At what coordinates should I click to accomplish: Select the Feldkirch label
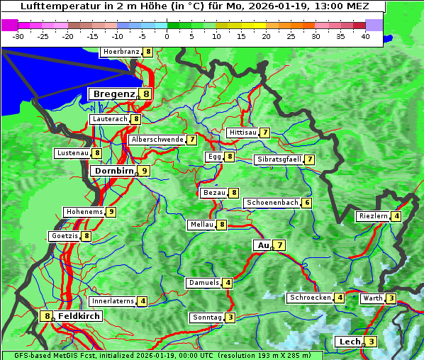point(79,316)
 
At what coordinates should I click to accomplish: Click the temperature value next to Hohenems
point(111,212)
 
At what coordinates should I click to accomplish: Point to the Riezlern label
point(374,216)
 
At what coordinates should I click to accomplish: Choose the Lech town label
point(350,342)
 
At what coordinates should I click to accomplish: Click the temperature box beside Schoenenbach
point(306,203)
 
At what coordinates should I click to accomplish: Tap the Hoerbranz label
point(121,52)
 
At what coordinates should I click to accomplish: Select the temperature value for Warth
point(391,298)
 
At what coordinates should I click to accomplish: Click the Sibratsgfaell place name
point(279,159)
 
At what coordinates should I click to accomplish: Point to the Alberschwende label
point(157,140)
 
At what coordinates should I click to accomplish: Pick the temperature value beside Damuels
point(227,283)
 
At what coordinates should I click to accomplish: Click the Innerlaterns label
point(113,301)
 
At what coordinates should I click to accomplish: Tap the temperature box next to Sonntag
point(230,317)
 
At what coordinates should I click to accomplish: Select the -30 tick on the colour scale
point(18,35)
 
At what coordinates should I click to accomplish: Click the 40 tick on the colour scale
point(365,35)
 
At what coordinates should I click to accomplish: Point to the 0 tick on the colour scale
point(167,35)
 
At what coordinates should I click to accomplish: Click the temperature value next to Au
point(281,245)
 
